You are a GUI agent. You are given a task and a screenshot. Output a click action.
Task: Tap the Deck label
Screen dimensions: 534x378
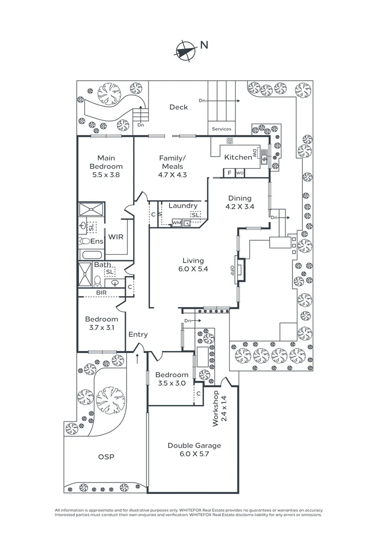pyautogui.click(x=179, y=107)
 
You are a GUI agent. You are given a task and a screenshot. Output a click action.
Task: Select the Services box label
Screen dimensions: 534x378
pyautogui.click(x=221, y=129)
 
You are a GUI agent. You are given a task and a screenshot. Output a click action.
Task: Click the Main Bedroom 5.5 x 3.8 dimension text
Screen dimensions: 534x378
pyautogui.click(x=106, y=175)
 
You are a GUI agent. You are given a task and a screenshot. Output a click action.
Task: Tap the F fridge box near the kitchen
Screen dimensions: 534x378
pyautogui.click(x=229, y=173)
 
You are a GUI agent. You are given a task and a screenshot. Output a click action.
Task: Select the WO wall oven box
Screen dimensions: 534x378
pyautogui.click(x=239, y=173)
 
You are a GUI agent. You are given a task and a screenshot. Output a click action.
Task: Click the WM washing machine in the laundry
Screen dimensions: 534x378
pyautogui.click(x=176, y=223)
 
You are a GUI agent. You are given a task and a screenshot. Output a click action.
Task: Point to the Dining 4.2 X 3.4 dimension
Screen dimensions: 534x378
pyautogui.click(x=239, y=207)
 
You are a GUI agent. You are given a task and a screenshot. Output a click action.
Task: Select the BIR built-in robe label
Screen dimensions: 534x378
pyautogui.click(x=101, y=293)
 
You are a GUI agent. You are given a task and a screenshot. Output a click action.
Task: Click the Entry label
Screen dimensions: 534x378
pyautogui.click(x=138, y=335)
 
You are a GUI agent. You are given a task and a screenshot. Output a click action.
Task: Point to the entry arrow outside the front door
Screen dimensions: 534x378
pyautogui.click(x=138, y=358)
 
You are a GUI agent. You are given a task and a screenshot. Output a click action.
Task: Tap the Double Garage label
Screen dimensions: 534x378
pyautogui.click(x=194, y=445)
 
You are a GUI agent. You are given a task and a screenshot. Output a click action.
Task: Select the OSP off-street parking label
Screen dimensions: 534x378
pyautogui.click(x=106, y=457)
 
